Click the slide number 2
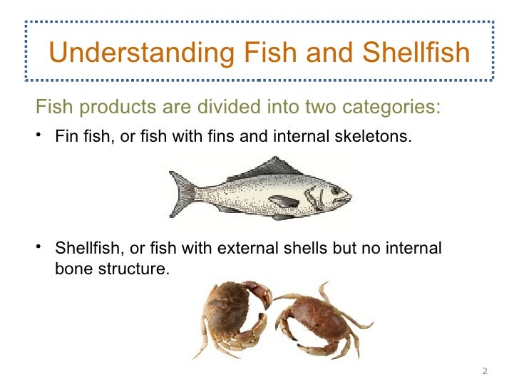coord(485,371)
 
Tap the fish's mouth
coord(349,195)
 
